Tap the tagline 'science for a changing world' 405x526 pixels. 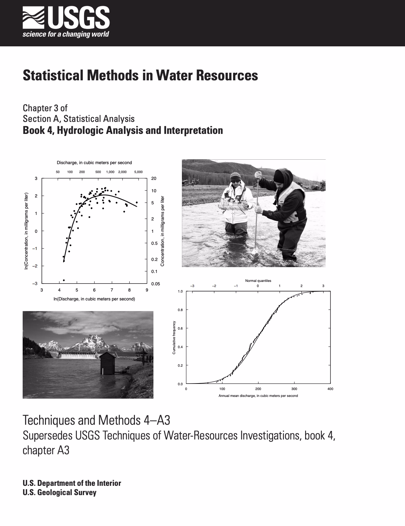(x=66, y=34)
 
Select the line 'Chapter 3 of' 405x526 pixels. (x=45, y=108)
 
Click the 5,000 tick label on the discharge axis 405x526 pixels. (x=138, y=172)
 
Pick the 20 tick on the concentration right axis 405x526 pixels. (x=154, y=179)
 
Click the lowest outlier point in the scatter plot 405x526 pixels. (x=64, y=280)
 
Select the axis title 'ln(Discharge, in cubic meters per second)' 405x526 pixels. (x=94, y=299)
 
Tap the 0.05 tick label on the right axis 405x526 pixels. (x=155, y=284)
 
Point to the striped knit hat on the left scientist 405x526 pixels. (x=236, y=177)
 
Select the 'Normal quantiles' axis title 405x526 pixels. (x=258, y=281)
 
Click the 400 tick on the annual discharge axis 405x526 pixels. (x=330, y=389)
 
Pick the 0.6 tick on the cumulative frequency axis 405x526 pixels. (x=180, y=328)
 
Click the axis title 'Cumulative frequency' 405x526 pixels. (x=174, y=338)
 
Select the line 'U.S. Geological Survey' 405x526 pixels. (x=59, y=492)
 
